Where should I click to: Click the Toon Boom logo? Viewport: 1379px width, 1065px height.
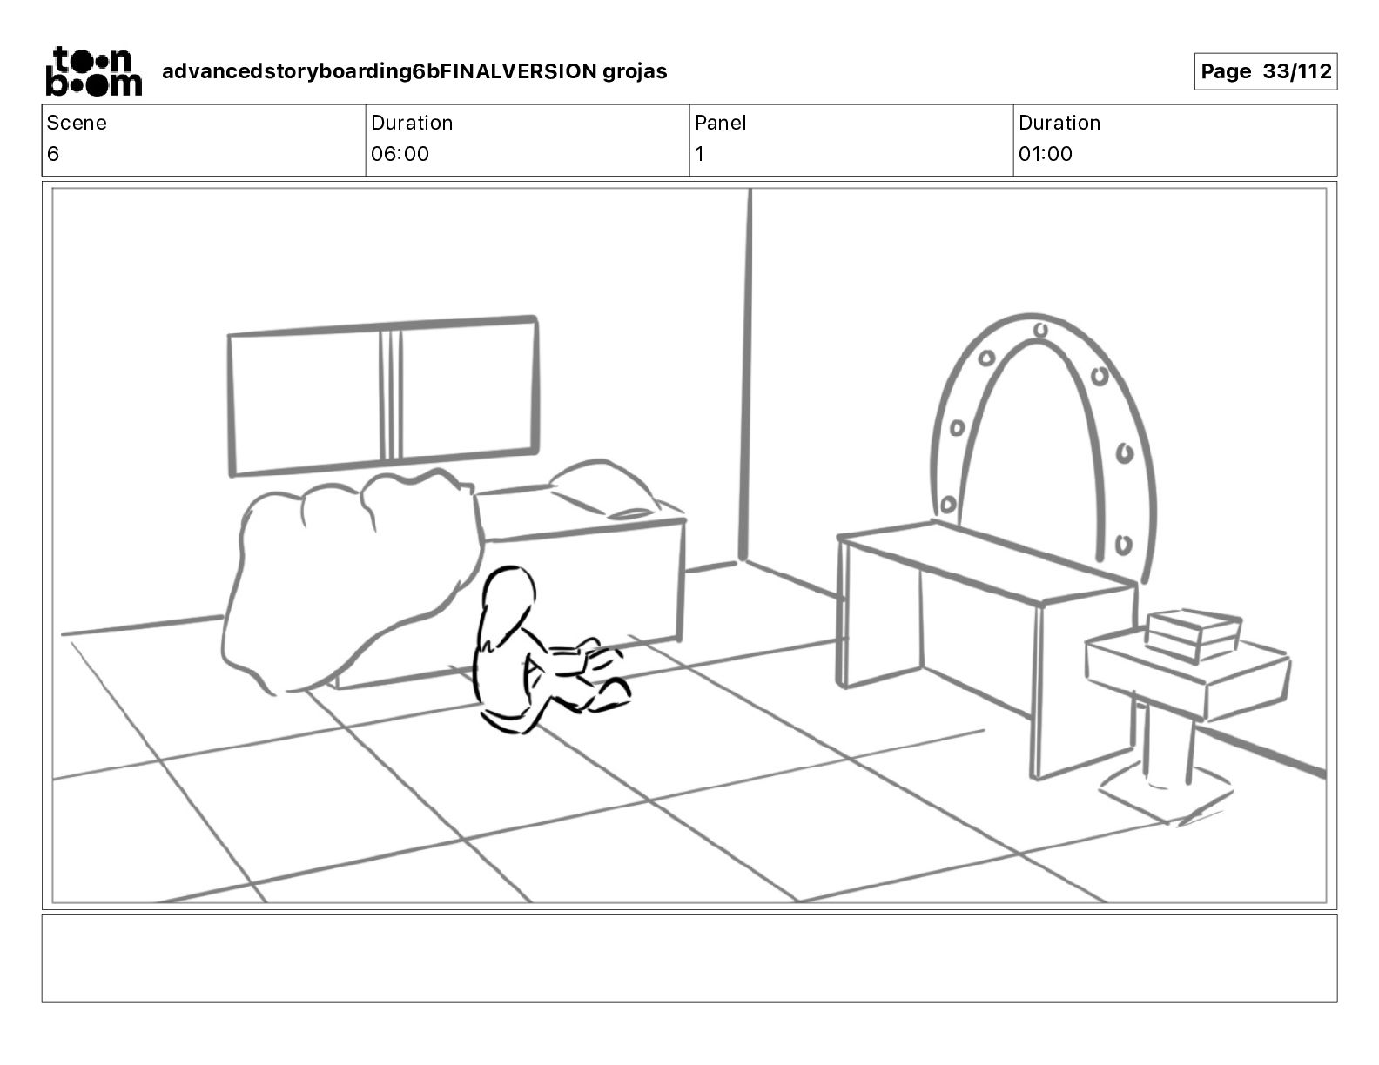tap(93, 71)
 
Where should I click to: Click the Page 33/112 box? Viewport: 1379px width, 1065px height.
tap(1265, 71)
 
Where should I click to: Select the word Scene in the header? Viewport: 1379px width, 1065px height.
tap(77, 123)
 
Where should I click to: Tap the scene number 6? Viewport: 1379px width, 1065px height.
tap(53, 154)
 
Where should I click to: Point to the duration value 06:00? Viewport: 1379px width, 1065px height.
tap(400, 154)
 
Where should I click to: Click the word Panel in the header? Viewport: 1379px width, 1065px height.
tap(720, 123)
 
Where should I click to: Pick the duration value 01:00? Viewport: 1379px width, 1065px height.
tap(1045, 154)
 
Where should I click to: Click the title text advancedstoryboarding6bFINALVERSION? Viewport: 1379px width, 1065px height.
tap(379, 71)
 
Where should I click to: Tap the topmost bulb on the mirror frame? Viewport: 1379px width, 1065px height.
tap(1040, 329)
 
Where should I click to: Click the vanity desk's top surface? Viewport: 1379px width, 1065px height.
tap(984, 557)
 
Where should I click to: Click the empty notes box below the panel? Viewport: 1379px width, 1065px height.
tap(689, 958)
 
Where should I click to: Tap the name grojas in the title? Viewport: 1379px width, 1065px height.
tap(635, 71)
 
